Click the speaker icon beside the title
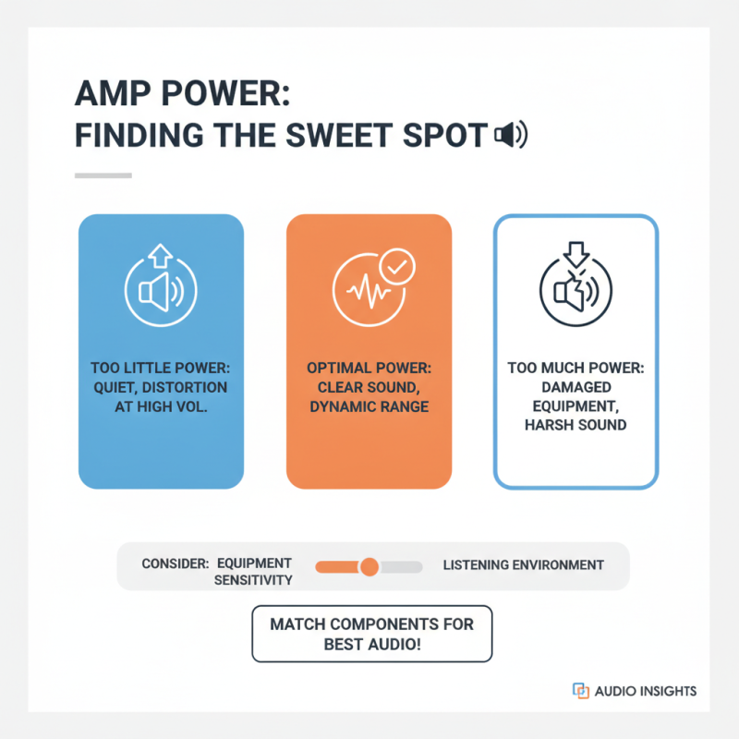point(511,135)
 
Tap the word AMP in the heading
point(113,93)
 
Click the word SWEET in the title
point(339,135)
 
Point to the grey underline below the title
point(103,176)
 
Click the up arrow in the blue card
point(160,256)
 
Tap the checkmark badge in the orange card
point(397,267)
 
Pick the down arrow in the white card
point(575,255)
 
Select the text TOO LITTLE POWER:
point(161,368)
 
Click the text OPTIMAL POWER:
point(369,368)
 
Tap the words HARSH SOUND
point(575,425)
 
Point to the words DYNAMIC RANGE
point(369,406)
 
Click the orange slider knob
point(369,566)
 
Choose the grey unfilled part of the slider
point(401,567)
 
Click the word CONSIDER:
point(176,563)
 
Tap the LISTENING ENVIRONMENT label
point(523,565)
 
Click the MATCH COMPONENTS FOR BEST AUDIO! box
point(372,634)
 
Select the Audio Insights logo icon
point(581,690)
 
